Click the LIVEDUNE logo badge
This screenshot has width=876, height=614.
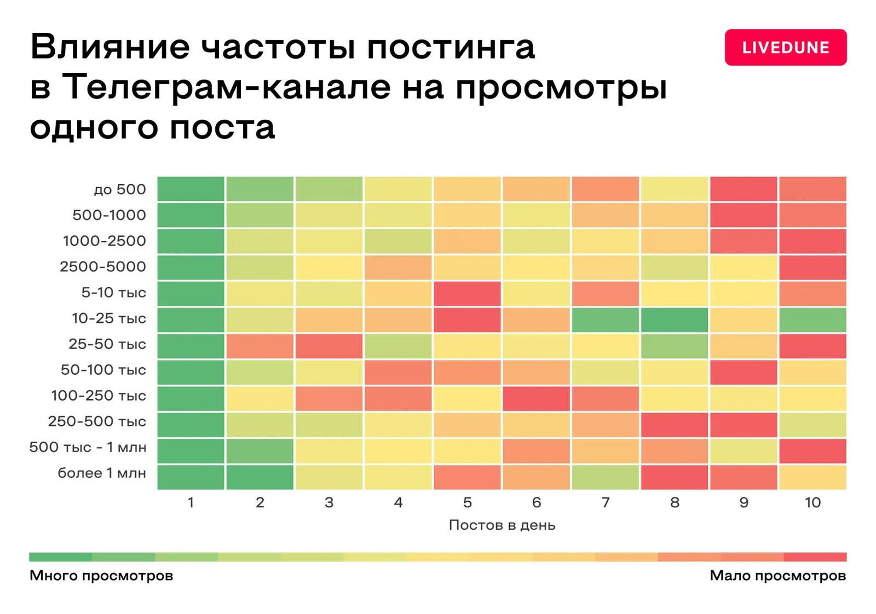(x=785, y=48)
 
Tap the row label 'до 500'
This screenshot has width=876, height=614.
(x=120, y=189)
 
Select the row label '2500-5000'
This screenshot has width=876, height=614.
(x=103, y=267)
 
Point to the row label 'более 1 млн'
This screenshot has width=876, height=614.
(x=102, y=473)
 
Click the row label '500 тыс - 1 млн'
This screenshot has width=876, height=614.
(x=88, y=447)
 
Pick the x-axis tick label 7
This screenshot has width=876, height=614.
(x=605, y=502)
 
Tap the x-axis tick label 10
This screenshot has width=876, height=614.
(x=812, y=502)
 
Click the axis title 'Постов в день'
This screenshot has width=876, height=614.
(x=502, y=525)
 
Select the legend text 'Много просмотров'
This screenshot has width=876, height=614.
(x=101, y=576)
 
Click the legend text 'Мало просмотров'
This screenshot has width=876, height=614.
(x=777, y=576)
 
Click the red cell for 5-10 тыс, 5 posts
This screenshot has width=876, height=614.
(x=467, y=293)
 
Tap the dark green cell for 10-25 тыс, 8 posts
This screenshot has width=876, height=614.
(x=674, y=320)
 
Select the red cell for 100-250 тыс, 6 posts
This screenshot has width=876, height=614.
(x=536, y=398)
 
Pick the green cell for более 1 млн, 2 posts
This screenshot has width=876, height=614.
(x=260, y=477)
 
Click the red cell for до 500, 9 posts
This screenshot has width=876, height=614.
(x=743, y=189)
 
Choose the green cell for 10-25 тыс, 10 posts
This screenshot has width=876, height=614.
(x=812, y=320)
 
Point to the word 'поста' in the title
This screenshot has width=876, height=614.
(x=222, y=128)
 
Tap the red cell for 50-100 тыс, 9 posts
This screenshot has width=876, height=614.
(x=743, y=372)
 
